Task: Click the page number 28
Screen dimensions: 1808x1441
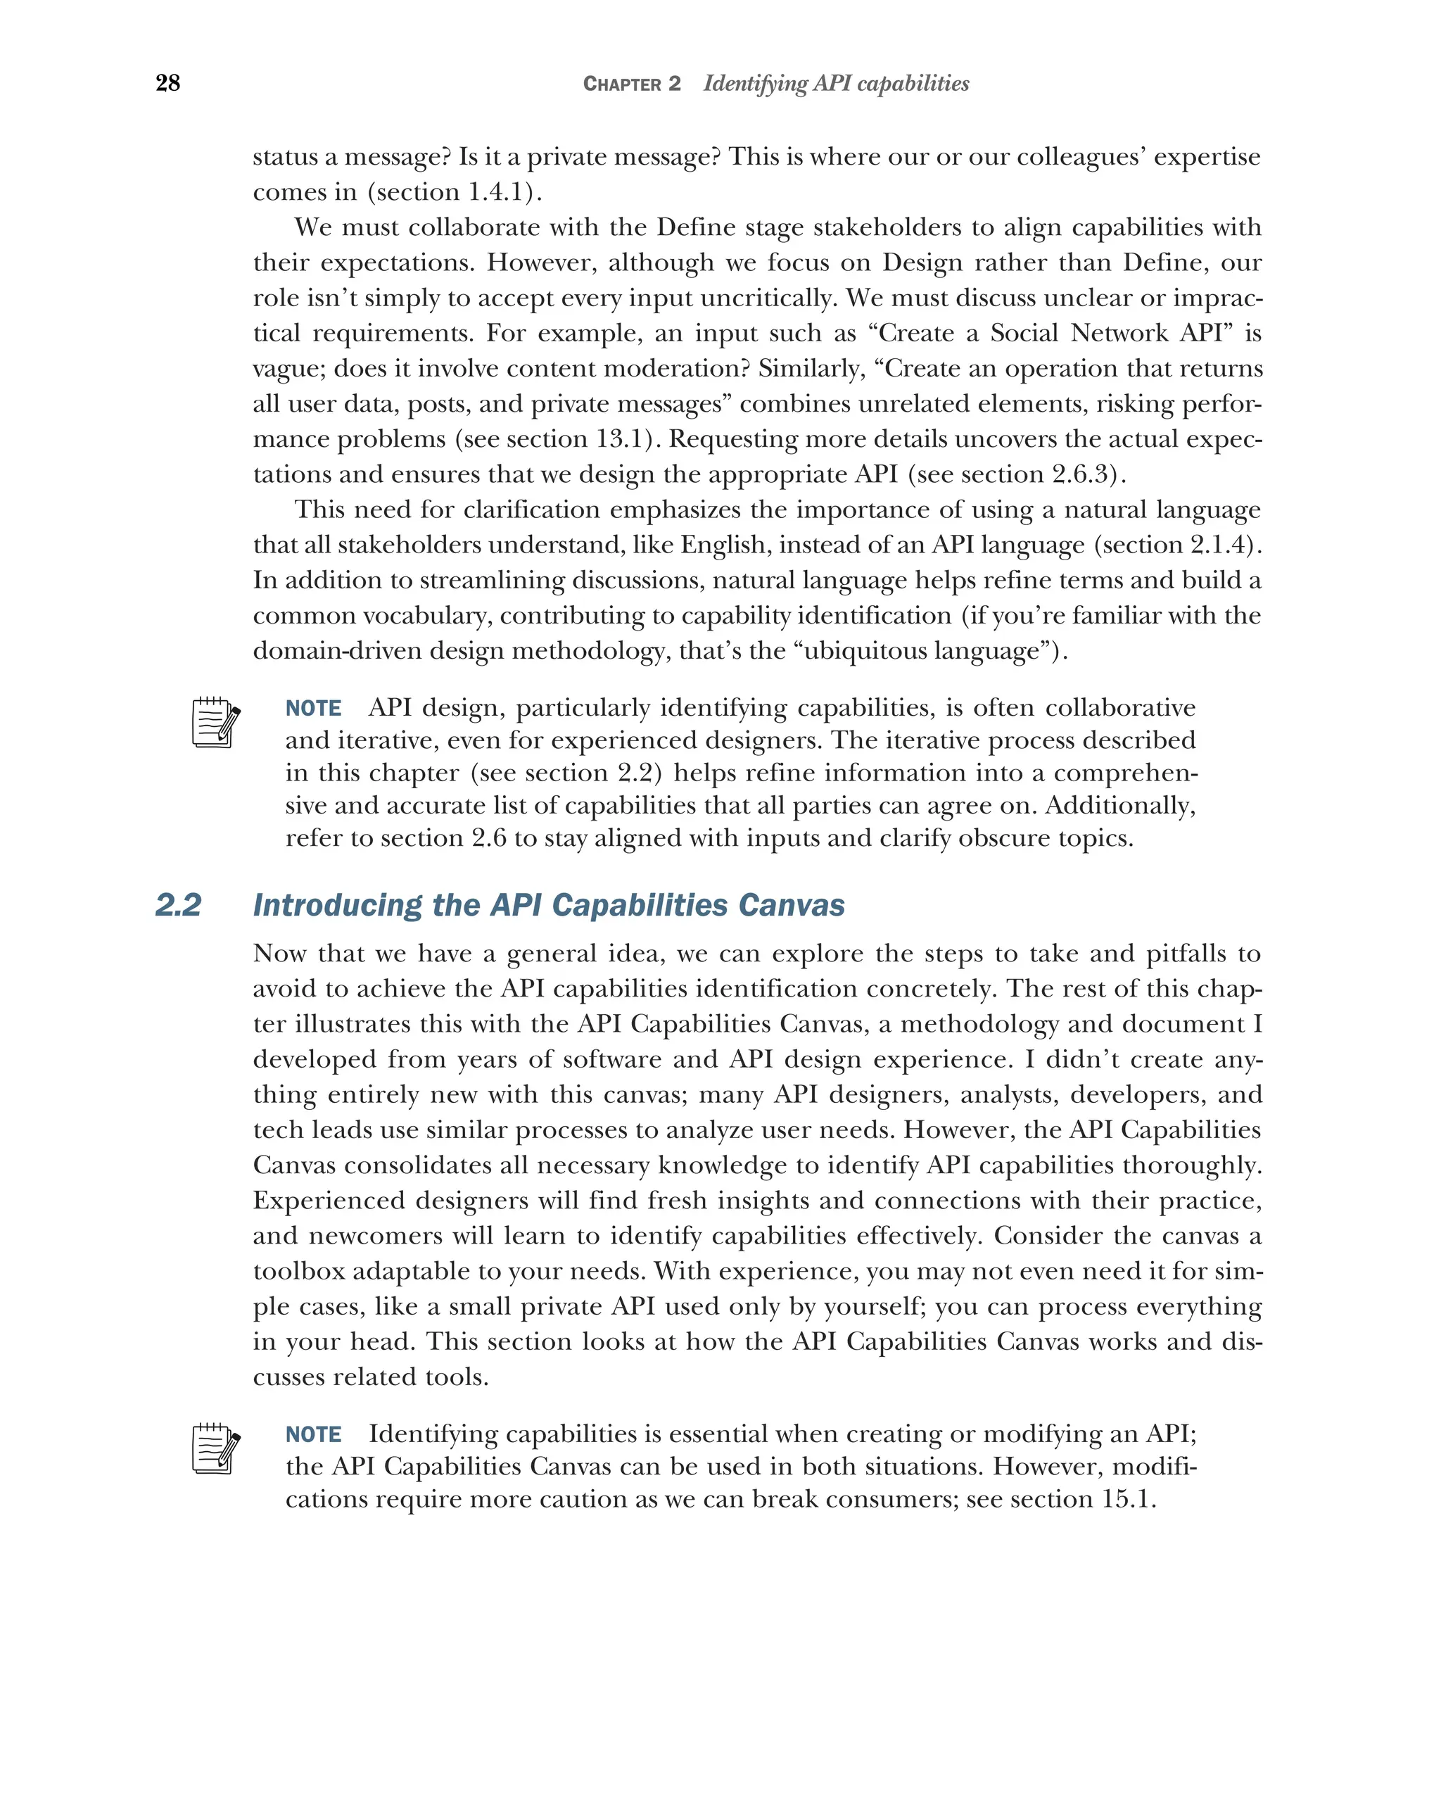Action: [167, 83]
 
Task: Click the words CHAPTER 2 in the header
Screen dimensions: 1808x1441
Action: [632, 84]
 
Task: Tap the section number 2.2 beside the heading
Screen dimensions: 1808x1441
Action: [179, 905]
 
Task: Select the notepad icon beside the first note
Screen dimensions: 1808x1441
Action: [215, 722]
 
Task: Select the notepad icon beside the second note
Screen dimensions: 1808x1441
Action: [215, 1448]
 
